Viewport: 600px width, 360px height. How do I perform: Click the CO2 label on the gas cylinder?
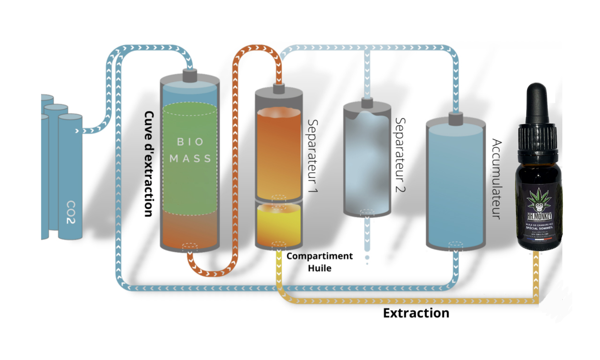coord(71,212)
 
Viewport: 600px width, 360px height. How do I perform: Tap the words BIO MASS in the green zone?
coord(190,150)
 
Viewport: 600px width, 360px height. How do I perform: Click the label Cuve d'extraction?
coord(148,164)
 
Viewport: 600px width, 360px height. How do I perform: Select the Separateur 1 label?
coord(312,156)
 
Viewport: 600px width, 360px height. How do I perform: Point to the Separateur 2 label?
coord(400,155)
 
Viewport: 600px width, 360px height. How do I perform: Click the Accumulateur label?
coord(496,179)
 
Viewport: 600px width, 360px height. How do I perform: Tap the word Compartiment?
coord(319,256)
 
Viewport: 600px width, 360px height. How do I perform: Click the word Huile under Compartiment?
coord(319,268)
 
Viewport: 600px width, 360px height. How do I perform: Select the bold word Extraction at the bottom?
coord(416,313)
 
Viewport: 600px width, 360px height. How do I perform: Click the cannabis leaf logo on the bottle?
coord(539,199)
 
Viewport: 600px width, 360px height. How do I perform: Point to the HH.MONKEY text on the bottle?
coord(539,217)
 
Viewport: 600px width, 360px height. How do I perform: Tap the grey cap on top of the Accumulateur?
coord(456,118)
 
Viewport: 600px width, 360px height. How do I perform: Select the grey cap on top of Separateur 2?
coord(367,103)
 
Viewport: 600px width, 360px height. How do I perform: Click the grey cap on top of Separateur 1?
coord(279,88)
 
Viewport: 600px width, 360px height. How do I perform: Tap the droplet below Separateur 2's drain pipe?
coord(367,258)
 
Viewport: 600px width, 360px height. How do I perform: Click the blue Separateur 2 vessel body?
coord(367,161)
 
